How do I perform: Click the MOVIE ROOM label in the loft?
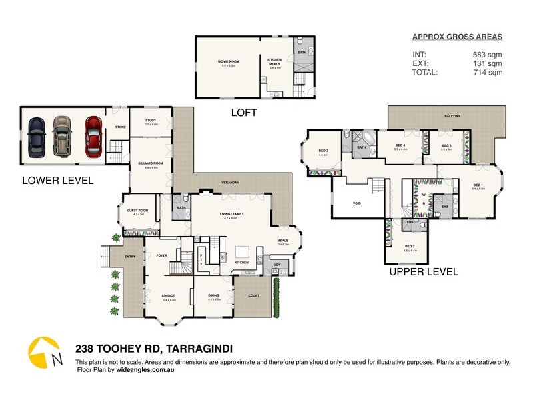pos(228,63)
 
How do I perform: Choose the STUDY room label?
pos(151,121)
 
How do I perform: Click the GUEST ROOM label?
pos(137,212)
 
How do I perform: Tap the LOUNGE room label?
pos(168,297)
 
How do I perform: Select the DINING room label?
pos(214,297)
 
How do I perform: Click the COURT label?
pos(253,295)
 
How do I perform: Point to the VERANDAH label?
pos(230,182)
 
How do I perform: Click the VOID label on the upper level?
pos(357,203)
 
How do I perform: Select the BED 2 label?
pos(410,247)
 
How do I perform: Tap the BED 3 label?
pos(324,152)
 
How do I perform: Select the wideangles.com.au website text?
pos(143,369)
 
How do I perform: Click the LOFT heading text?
pos(243,113)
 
